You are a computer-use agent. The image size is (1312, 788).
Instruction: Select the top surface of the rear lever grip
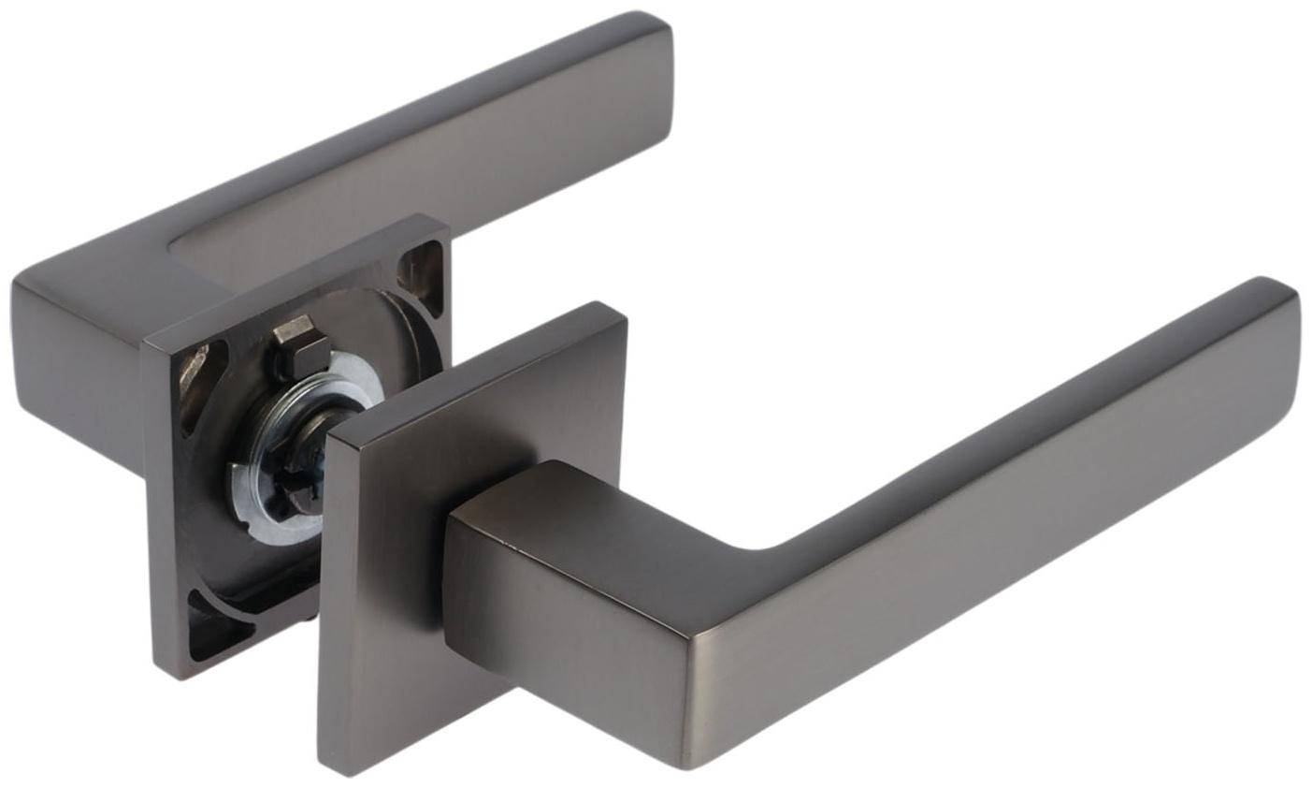point(421,140)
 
